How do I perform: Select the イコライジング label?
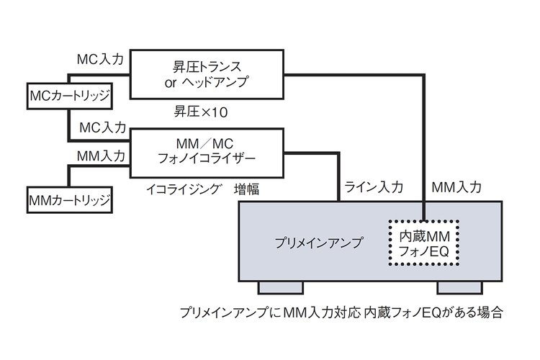click(x=183, y=189)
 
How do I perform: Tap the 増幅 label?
click(x=246, y=189)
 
